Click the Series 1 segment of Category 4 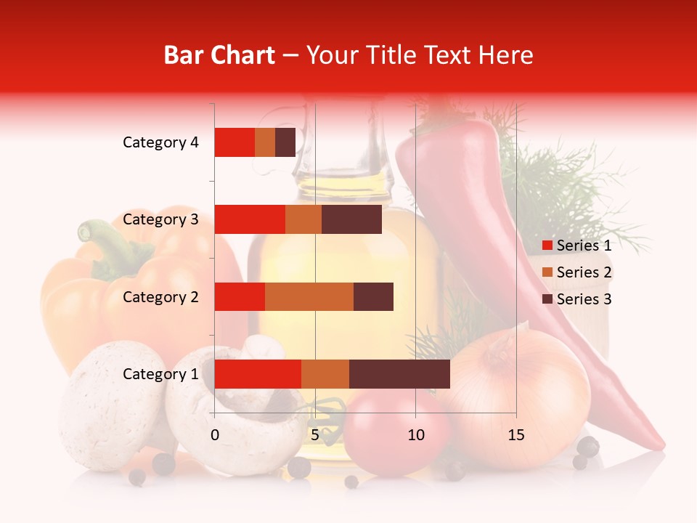click(x=235, y=142)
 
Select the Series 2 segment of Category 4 click(x=265, y=142)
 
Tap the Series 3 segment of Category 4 click(x=285, y=142)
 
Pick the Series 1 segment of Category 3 click(x=250, y=219)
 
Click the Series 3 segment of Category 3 click(x=351, y=219)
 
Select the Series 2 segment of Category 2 click(x=309, y=296)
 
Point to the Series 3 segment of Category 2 click(x=373, y=296)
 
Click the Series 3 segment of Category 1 click(x=399, y=373)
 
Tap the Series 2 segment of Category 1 click(x=325, y=373)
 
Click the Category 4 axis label click(x=160, y=142)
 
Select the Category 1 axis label click(x=160, y=374)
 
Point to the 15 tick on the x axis click(x=515, y=435)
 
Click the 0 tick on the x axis click(x=215, y=435)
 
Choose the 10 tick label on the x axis click(x=415, y=435)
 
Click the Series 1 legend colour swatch click(x=547, y=246)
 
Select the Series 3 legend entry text click(x=584, y=299)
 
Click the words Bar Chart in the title click(x=219, y=55)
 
